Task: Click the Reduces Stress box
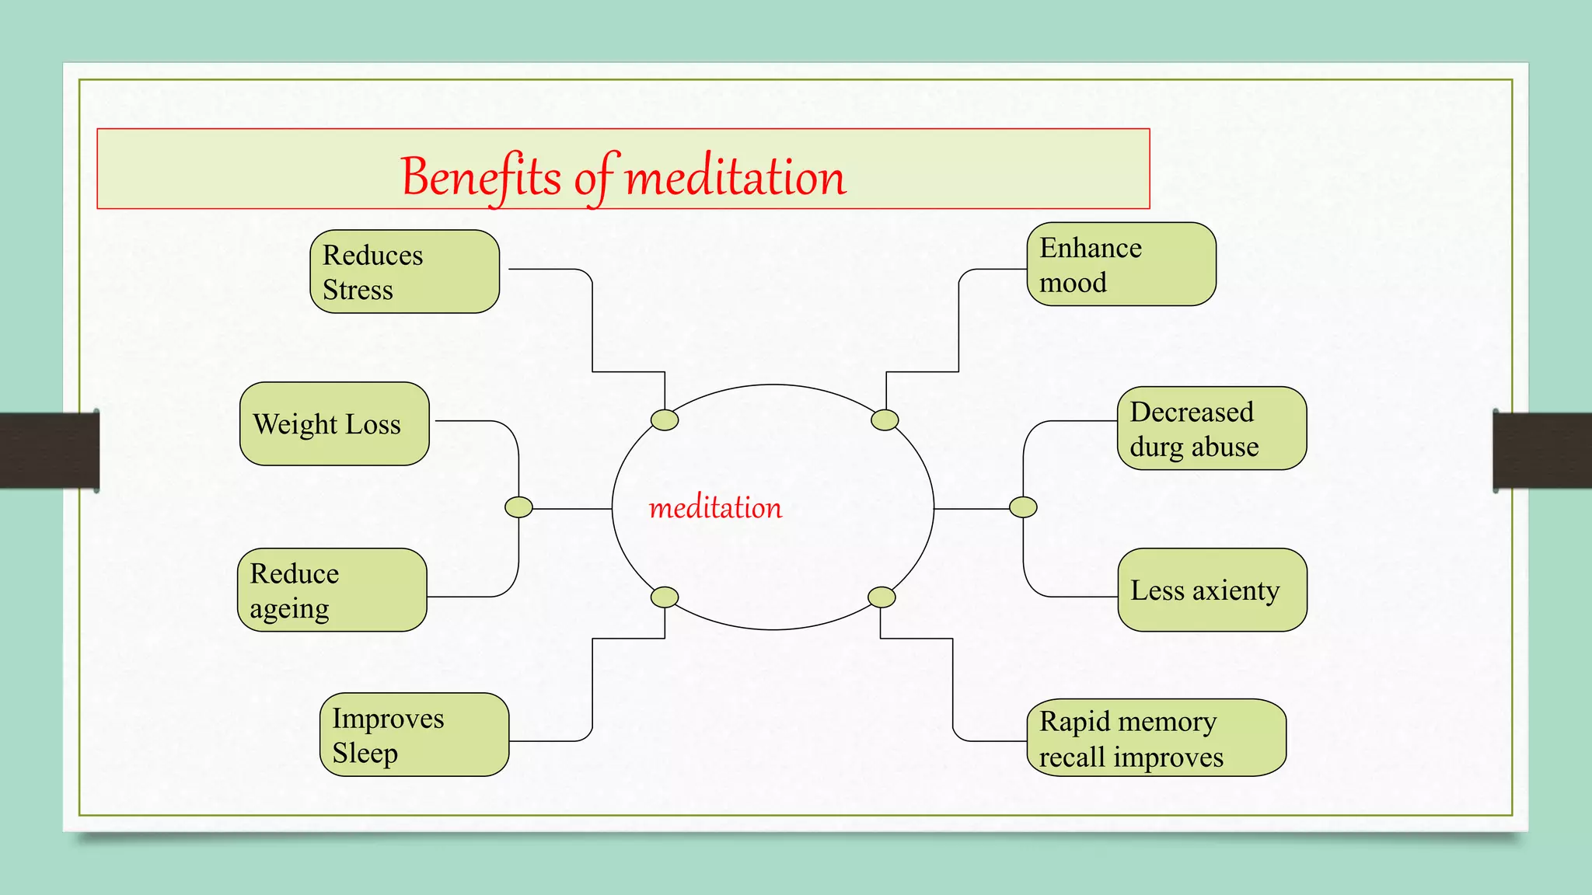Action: [x=404, y=272]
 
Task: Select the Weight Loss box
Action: [x=334, y=424]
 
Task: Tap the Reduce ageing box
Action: [x=332, y=590]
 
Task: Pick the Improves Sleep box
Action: [x=414, y=735]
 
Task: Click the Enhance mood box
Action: [x=1121, y=265]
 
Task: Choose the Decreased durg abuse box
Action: [x=1211, y=429]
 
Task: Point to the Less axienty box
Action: [x=1212, y=590]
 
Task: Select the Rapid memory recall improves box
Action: [x=1156, y=738]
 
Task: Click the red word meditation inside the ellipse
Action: [x=715, y=508]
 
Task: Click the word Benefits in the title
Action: [x=480, y=177]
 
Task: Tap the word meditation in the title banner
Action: [x=735, y=177]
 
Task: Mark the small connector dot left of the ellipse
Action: [x=518, y=507]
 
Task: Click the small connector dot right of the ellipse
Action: [x=1023, y=507]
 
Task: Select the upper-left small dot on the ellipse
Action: [x=665, y=420]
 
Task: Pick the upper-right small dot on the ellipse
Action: [x=885, y=420]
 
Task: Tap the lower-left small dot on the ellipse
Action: [x=665, y=597]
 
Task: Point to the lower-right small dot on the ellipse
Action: [x=882, y=597]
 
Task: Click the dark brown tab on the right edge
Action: [x=1542, y=451]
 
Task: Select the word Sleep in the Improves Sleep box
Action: [x=365, y=754]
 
